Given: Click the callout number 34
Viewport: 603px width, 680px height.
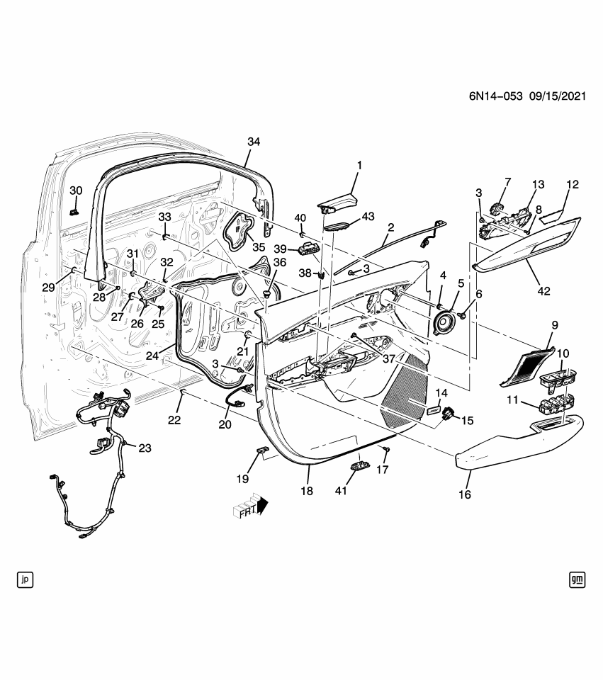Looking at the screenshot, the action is tap(254, 142).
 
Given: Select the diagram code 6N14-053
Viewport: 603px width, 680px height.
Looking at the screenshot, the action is tap(495, 96).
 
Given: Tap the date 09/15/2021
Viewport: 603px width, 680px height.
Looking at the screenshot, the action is tap(558, 96).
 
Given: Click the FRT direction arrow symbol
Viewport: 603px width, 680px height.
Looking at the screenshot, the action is tap(251, 506).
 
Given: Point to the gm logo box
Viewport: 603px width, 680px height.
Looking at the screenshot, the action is tap(577, 580).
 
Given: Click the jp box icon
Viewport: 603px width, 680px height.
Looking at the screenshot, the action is tap(26, 580).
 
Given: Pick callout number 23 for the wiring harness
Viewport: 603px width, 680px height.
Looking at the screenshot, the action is tap(145, 448).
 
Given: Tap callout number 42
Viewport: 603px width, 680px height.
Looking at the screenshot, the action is tap(543, 291).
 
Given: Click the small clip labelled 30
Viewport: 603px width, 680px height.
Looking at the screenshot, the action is tap(74, 212).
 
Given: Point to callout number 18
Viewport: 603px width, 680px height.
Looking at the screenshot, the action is tap(307, 490).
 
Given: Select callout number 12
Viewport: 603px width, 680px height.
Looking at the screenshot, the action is tap(573, 185).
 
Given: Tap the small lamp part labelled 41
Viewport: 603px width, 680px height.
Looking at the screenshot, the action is tap(360, 465).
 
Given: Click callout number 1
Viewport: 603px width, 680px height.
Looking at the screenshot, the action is tap(359, 165).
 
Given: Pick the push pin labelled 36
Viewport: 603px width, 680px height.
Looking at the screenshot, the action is tap(267, 295).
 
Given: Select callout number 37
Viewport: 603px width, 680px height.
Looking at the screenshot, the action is tap(389, 359).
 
